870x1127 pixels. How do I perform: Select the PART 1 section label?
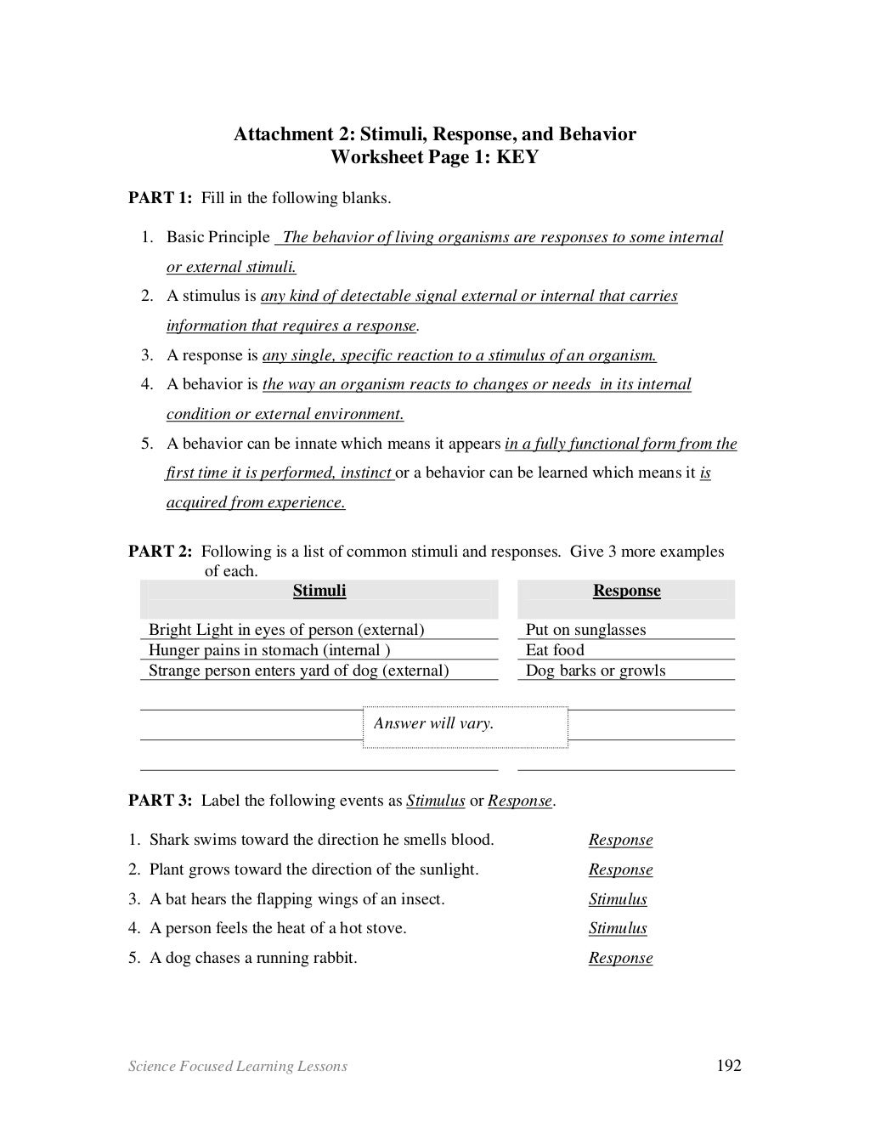[x=160, y=198]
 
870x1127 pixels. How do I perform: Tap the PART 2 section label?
[x=160, y=552]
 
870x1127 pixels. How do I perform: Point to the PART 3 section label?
[x=160, y=801]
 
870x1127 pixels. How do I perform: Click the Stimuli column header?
[x=319, y=591]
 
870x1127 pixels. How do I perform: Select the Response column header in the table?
[x=626, y=591]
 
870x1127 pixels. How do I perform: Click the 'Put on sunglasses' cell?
[x=585, y=630]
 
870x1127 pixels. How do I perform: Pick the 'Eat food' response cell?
[x=555, y=650]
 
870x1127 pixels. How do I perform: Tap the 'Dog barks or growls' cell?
[x=596, y=671]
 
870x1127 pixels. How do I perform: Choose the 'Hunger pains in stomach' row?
[x=269, y=650]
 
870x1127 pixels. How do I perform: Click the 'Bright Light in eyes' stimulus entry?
[x=285, y=630]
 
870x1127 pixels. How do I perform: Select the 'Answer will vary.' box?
[x=465, y=725]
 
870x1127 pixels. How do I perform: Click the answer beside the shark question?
[x=620, y=840]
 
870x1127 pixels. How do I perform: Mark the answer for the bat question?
[x=618, y=899]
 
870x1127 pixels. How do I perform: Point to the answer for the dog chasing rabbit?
[x=620, y=958]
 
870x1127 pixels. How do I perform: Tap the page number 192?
[x=729, y=1066]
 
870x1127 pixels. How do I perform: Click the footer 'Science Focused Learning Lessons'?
[x=237, y=1066]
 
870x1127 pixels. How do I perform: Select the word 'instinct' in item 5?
[x=365, y=473]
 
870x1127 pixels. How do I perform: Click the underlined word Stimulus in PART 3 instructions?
[x=435, y=801]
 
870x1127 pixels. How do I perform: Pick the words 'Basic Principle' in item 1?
[x=217, y=237]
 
